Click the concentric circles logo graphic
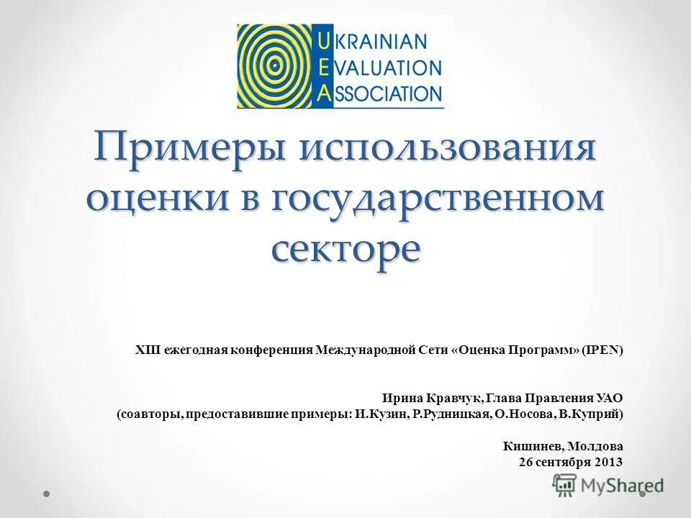point(276,66)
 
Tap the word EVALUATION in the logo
point(387,68)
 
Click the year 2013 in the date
point(608,462)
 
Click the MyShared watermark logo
point(608,486)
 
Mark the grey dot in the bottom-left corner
point(46,494)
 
